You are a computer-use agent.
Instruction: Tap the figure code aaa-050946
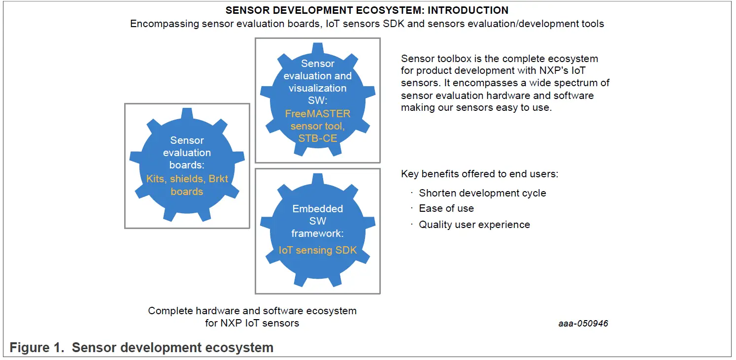pos(583,323)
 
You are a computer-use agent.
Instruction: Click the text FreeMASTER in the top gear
pos(318,114)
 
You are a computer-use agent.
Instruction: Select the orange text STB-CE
pos(318,138)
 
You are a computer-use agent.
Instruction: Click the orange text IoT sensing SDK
pos(318,250)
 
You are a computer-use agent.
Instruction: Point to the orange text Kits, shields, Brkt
pos(187,179)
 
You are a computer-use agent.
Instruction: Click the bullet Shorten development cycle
pos(482,193)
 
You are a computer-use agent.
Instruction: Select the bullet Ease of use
pos(446,208)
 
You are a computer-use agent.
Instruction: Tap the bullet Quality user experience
pos(474,225)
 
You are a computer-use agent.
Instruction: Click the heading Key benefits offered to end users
pos(479,174)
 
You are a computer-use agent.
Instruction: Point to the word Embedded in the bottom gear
pos(318,209)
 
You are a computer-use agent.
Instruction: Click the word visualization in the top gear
pos(318,88)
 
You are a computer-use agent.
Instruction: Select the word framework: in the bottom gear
pos(318,233)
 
